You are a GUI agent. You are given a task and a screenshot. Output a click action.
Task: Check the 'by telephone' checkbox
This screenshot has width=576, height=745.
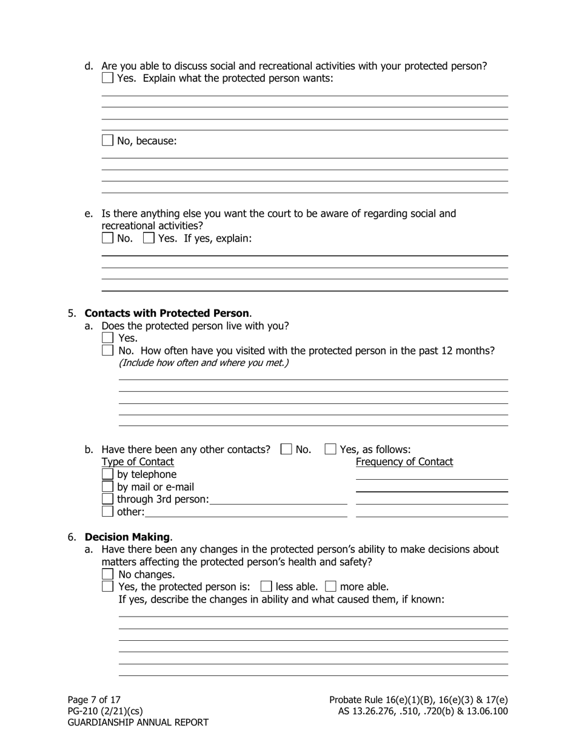[107, 474]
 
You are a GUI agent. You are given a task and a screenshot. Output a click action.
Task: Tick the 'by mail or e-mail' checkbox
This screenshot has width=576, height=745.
[107, 487]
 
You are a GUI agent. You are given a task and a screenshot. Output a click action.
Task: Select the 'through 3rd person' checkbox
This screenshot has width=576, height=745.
[107, 499]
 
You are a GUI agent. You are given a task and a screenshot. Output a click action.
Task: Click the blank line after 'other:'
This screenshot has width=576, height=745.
[246, 512]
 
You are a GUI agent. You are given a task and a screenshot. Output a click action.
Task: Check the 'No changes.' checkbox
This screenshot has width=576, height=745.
[108, 574]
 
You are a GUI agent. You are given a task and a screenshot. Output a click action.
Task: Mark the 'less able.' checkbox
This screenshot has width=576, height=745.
[266, 586]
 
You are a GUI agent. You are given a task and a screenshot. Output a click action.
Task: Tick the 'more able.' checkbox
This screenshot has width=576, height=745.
[330, 586]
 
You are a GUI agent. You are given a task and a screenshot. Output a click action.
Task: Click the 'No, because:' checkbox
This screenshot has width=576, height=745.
[107, 141]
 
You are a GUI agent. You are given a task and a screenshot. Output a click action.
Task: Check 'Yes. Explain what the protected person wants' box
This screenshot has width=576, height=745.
[107, 78]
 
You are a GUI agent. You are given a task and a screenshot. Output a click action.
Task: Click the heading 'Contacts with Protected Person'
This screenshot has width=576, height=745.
[167, 313]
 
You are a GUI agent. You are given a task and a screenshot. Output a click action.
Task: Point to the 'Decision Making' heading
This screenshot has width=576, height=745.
[127, 537]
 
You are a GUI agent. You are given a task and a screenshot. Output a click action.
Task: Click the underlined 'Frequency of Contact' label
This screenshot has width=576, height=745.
[404, 462]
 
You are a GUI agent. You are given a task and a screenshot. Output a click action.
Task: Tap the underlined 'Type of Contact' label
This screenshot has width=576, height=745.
[138, 462]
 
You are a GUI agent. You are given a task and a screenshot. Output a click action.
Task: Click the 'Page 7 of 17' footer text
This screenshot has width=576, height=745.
[94, 700]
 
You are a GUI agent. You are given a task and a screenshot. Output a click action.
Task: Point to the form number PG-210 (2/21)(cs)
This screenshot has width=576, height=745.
[105, 711]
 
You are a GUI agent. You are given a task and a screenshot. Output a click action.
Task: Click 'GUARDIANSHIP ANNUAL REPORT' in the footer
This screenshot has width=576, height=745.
[138, 723]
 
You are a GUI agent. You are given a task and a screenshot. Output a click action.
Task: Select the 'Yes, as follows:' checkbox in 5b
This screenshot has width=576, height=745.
[330, 449]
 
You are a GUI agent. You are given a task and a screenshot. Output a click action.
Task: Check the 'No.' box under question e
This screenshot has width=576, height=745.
[107, 238]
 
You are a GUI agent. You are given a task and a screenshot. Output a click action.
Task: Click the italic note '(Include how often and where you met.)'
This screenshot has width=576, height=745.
[203, 363]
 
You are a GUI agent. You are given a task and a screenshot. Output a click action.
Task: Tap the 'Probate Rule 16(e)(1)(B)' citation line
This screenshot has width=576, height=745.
[418, 700]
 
